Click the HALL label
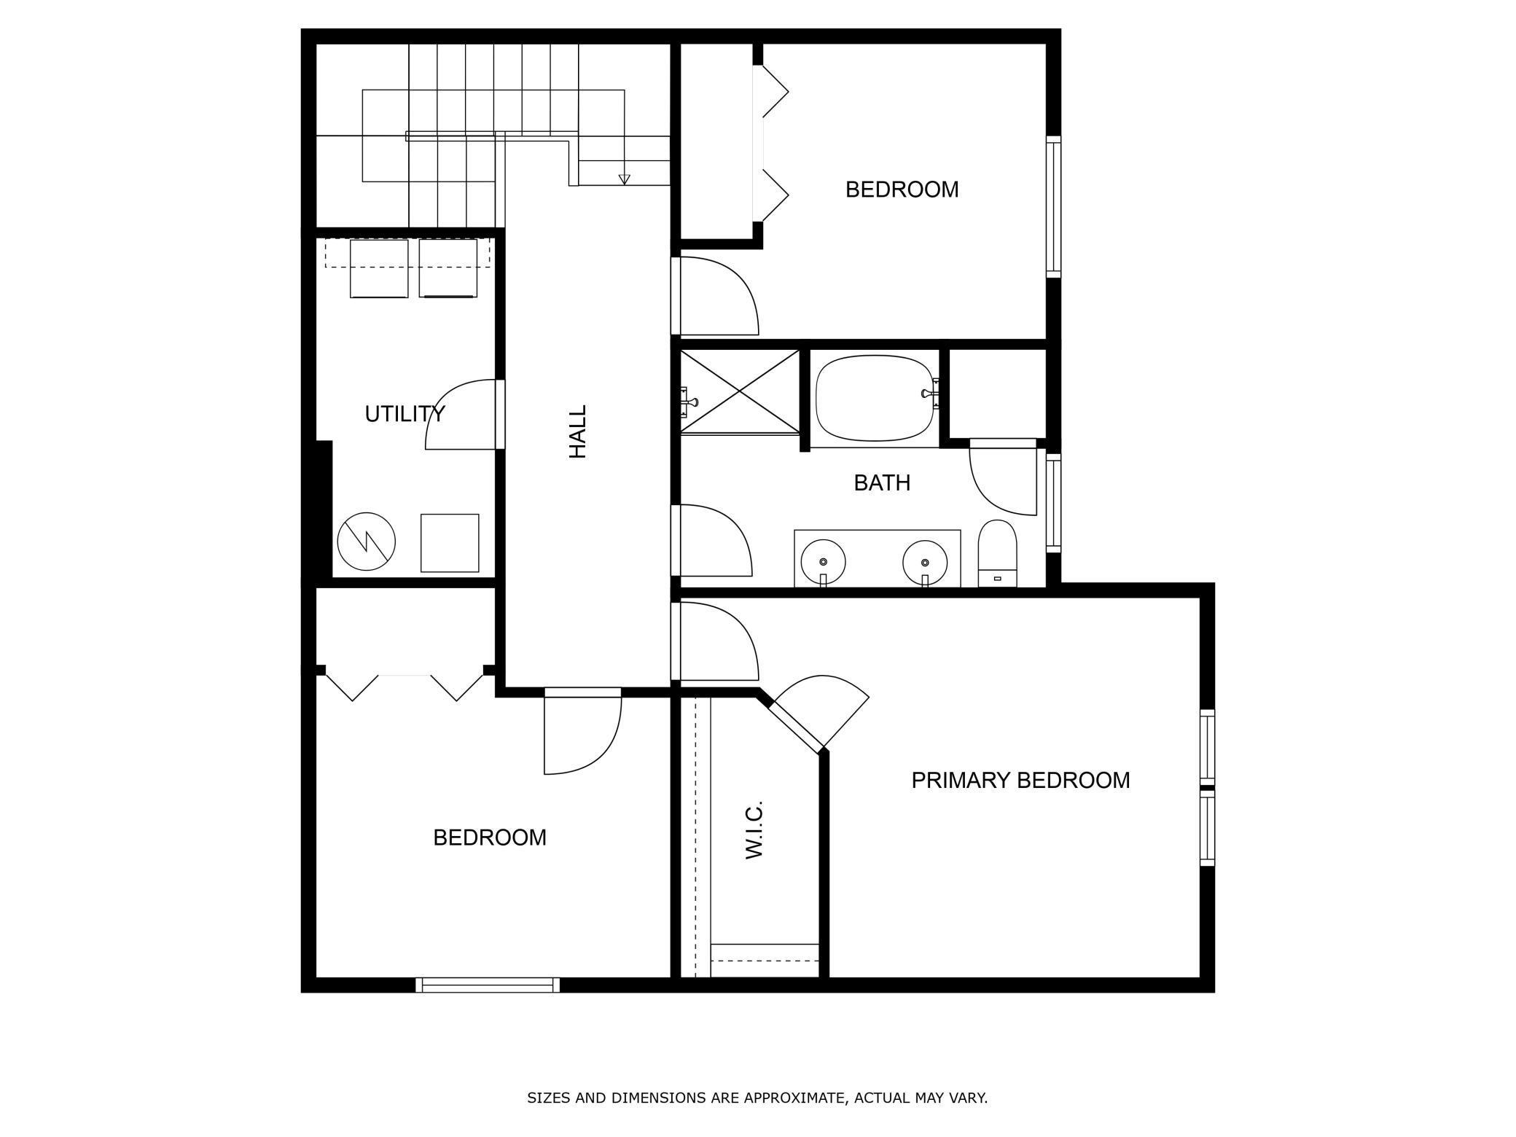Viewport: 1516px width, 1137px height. pos(577,431)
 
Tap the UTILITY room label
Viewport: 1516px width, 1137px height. pos(404,414)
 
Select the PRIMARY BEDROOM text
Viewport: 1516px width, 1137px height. pos(1020,781)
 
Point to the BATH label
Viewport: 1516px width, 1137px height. pos(881,482)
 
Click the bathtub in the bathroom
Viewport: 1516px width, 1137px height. pos(874,399)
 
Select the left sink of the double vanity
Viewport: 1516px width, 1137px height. pos(823,562)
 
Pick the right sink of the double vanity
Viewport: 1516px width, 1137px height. pos(924,562)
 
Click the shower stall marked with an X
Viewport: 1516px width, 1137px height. pos(739,392)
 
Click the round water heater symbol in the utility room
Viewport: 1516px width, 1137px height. pos(366,542)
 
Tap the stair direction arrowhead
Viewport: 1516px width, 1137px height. pos(624,179)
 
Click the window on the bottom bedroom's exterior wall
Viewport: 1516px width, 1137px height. pos(488,985)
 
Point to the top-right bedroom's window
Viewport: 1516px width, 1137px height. pos(1053,206)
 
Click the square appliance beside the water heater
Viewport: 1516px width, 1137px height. pos(450,543)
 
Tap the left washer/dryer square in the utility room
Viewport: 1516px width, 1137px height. pos(379,268)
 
